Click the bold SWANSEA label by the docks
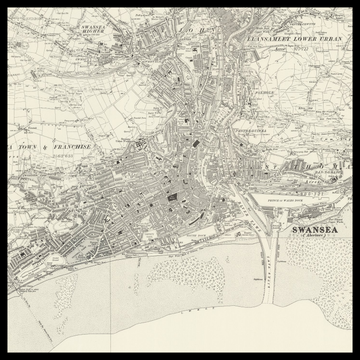pos(311,229)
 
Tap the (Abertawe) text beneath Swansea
pos(311,238)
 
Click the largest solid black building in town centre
pos(171,197)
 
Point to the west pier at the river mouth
pos(255,250)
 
